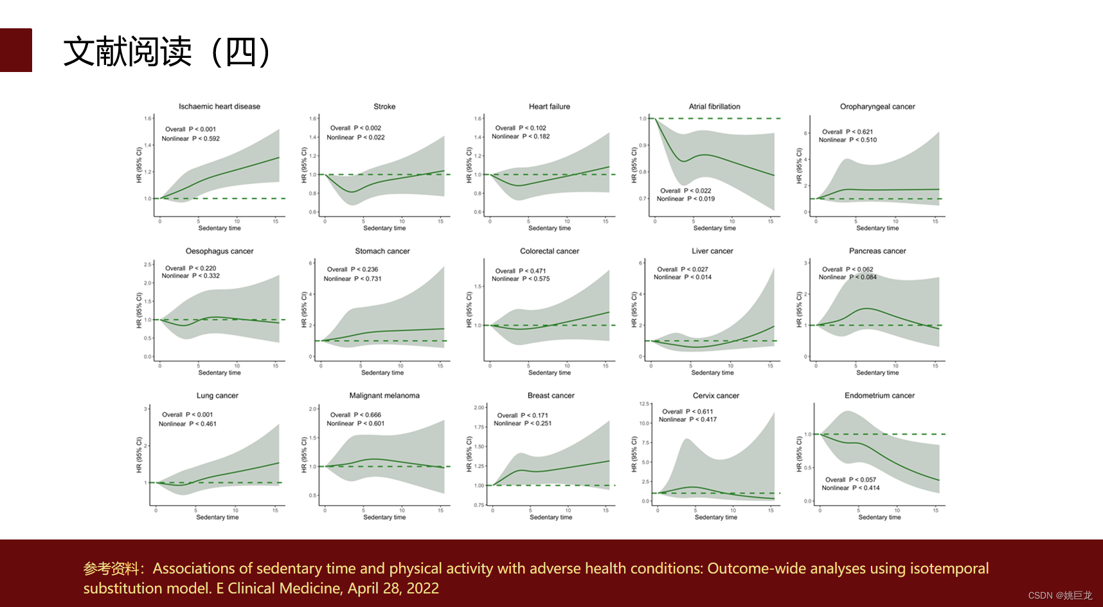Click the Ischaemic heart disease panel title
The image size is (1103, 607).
tap(219, 107)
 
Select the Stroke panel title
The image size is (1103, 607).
tap(384, 107)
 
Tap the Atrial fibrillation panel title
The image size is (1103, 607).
tap(714, 107)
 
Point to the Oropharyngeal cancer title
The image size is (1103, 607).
tap(877, 107)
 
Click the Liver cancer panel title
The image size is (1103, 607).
tap(712, 251)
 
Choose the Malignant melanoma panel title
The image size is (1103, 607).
tap(384, 396)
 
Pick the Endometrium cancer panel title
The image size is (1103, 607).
tap(879, 396)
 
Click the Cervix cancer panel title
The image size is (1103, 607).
tap(715, 396)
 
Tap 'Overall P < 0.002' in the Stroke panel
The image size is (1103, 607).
tap(355, 128)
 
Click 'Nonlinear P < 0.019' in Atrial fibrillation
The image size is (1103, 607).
tap(685, 199)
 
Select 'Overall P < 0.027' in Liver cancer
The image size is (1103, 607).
tap(682, 269)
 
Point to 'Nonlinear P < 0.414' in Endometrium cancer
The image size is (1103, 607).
tap(850, 488)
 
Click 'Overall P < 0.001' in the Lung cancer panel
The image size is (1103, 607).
tap(187, 415)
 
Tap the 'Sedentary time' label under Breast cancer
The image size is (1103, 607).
tap(550, 517)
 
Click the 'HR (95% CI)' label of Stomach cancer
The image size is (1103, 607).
tap(304, 310)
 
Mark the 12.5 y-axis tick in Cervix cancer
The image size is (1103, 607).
tap(645, 404)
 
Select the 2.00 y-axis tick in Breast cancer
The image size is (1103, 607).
tap(479, 408)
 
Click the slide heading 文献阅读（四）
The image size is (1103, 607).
tap(167, 51)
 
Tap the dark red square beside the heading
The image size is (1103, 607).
tap(15, 50)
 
